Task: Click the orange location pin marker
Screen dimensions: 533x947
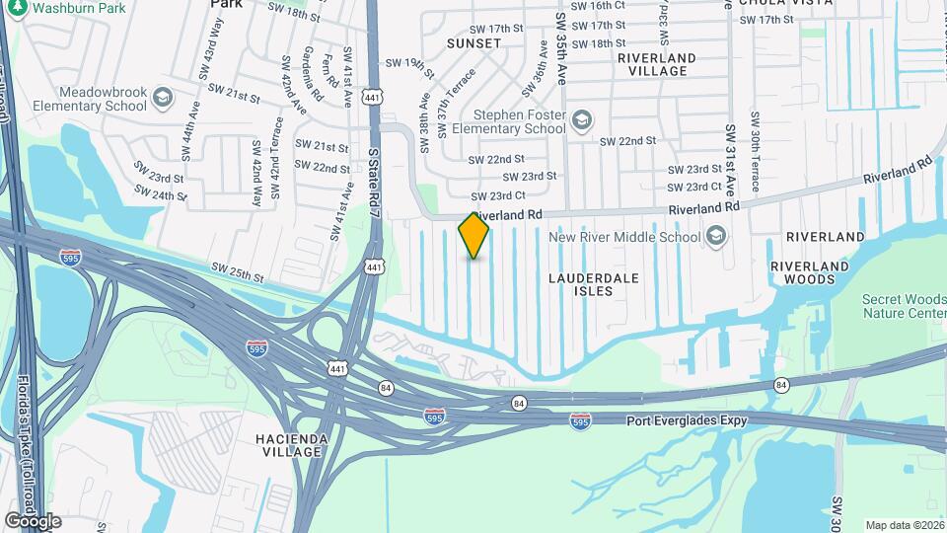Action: (x=473, y=236)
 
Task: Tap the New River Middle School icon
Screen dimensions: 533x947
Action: (x=715, y=237)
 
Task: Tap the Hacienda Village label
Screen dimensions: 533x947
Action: (x=288, y=445)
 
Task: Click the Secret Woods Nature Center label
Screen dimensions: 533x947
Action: (x=904, y=306)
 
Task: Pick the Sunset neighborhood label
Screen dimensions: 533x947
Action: (x=468, y=44)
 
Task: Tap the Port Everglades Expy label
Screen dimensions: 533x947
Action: (x=688, y=420)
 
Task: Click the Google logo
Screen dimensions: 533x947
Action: (x=33, y=520)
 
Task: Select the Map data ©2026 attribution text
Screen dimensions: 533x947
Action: (x=905, y=525)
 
